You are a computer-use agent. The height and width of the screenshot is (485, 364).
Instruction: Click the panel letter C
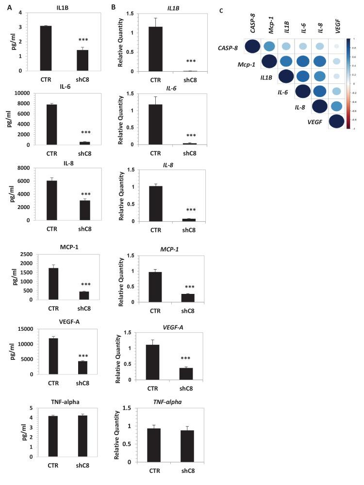(x=222, y=10)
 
